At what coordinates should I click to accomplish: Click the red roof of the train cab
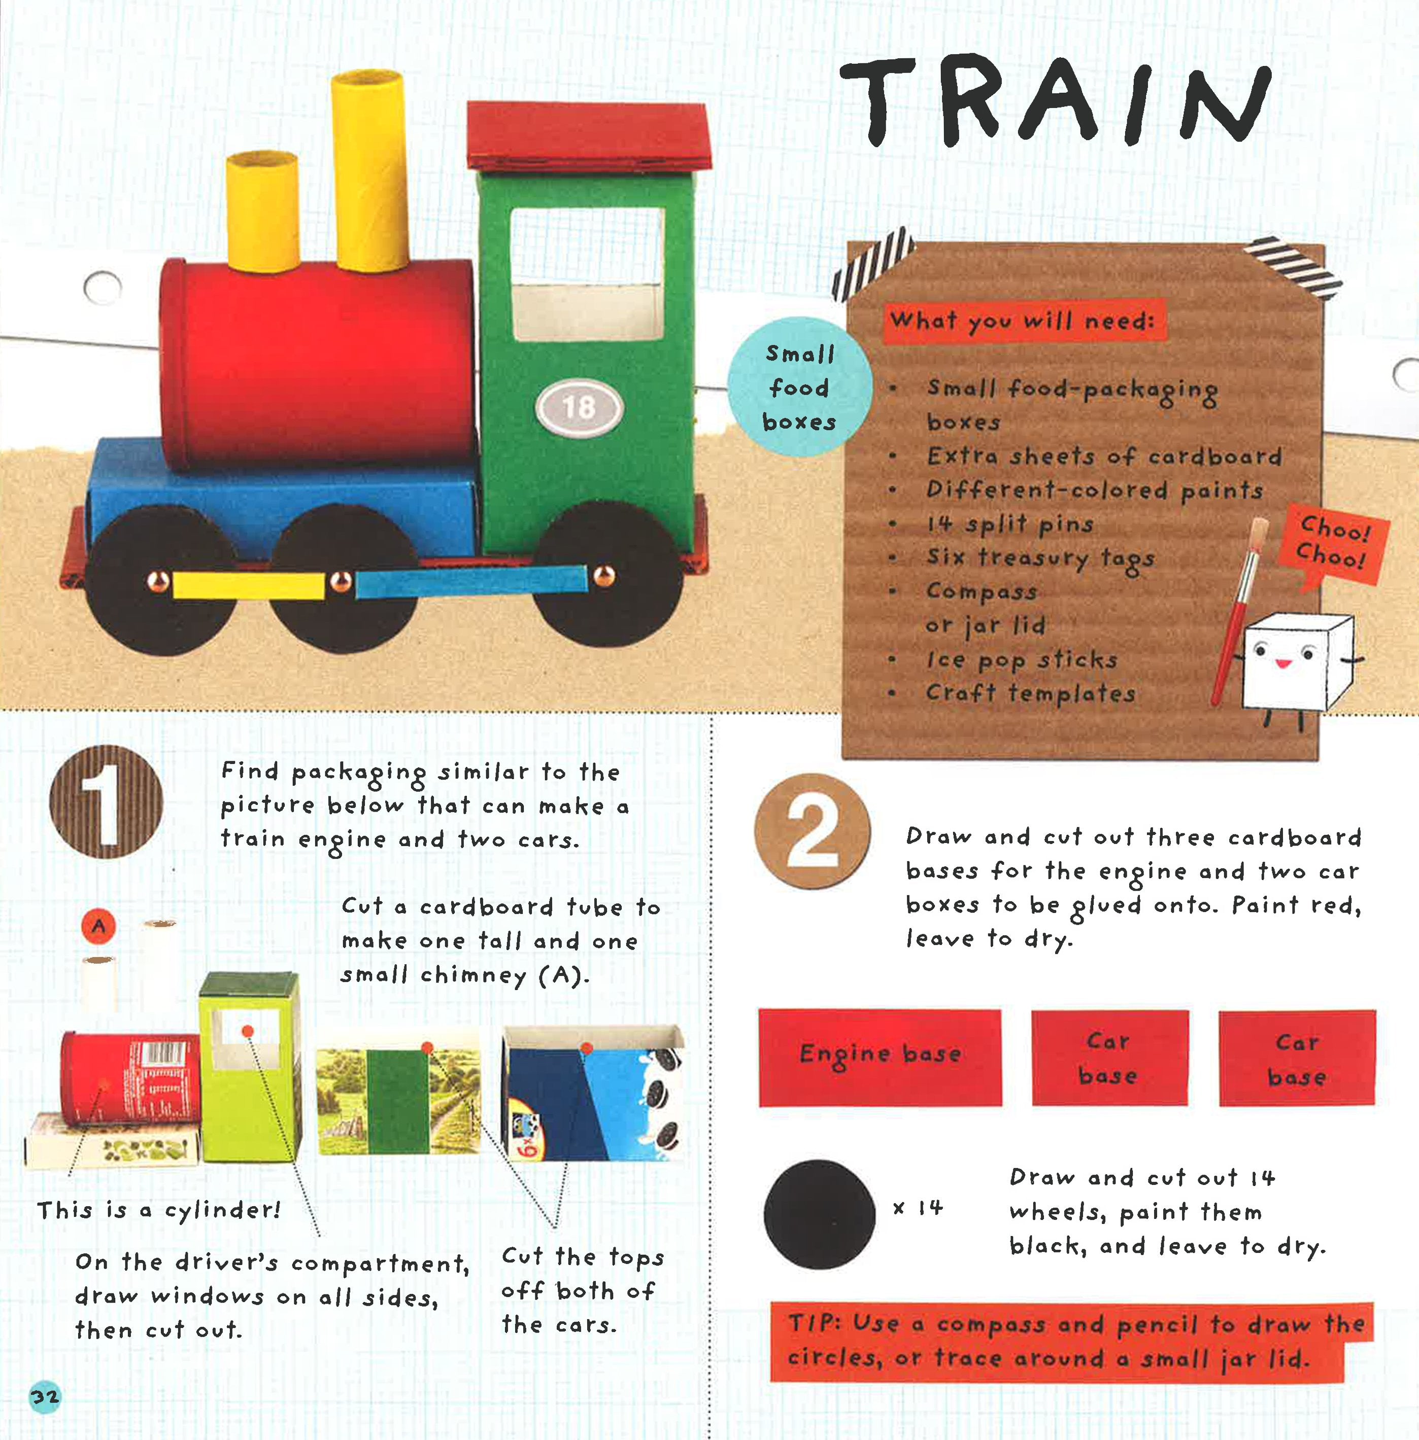(588, 135)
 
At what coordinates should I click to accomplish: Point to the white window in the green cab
(587, 273)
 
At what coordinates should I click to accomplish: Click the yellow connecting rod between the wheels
(248, 585)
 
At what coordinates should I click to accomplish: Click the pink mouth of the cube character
(1282, 662)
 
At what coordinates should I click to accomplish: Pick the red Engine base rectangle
(880, 1057)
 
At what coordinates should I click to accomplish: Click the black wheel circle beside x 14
(819, 1215)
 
